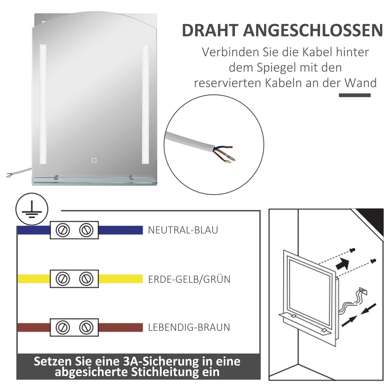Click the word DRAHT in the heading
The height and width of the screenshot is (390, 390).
coord(210,30)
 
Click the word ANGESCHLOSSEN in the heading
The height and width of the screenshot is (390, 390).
coord(313,30)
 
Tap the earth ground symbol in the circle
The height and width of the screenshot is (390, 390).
coord(32,209)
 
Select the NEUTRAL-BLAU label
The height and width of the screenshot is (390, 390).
coord(183,230)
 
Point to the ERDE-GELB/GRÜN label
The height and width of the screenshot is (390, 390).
coord(189,279)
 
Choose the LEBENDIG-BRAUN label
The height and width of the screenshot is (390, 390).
coord(189,327)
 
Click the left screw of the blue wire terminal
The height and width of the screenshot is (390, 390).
coord(63,230)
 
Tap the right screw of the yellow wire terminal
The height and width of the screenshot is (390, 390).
coord(86,279)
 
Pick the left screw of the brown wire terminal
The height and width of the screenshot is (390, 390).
coord(63,327)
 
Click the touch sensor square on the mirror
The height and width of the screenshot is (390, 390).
coord(94,160)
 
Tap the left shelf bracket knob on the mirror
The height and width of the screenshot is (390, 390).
coord(56,177)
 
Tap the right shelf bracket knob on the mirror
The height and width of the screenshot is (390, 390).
coord(131,177)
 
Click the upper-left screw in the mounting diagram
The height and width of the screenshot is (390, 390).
coord(352,250)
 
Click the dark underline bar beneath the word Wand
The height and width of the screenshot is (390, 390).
coord(355,95)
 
